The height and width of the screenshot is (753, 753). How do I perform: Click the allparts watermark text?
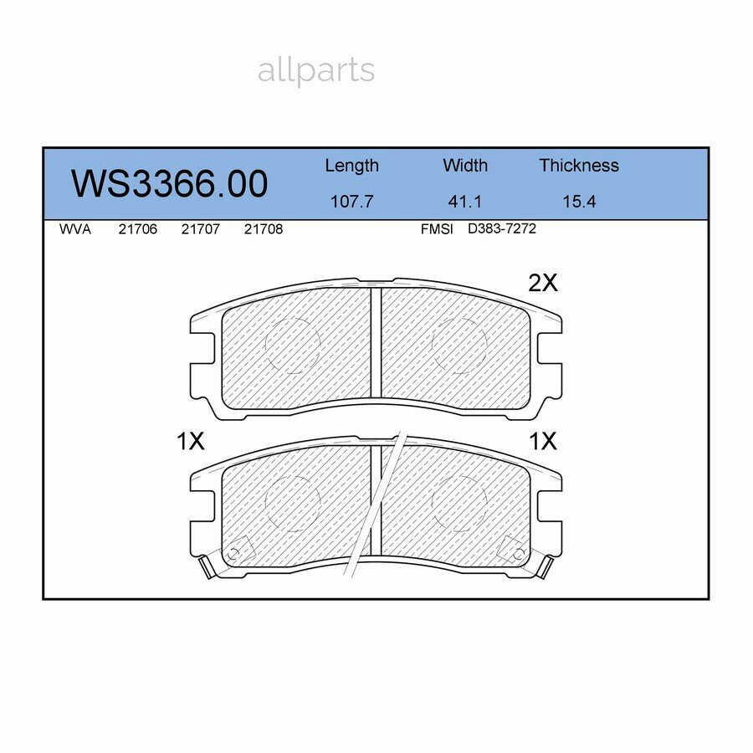(x=315, y=71)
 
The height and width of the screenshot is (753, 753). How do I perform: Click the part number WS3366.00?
(x=169, y=184)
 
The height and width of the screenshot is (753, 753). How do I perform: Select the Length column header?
(x=351, y=166)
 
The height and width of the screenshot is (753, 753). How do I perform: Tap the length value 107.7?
(x=351, y=202)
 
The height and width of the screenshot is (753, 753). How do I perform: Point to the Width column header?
(x=465, y=166)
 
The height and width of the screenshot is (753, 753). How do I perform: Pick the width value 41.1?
(x=465, y=202)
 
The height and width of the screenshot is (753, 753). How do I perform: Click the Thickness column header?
(x=579, y=166)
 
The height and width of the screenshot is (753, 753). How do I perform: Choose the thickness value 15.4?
(x=579, y=202)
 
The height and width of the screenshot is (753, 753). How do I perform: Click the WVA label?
(x=75, y=229)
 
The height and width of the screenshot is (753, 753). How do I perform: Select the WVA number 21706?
(x=138, y=229)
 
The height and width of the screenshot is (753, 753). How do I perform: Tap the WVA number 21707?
(x=201, y=229)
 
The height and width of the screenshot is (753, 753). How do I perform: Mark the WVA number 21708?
(x=264, y=229)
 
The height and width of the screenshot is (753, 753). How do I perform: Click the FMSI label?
(x=437, y=229)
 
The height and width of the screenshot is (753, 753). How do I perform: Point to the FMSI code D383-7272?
(x=502, y=229)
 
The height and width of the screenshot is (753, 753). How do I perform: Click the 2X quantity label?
(x=543, y=284)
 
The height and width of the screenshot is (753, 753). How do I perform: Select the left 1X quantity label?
(x=191, y=442)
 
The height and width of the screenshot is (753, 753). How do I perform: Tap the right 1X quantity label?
(x=543, y=442)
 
